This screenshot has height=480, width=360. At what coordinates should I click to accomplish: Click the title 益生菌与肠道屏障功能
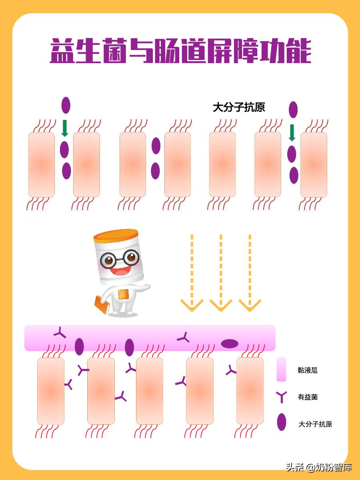180,51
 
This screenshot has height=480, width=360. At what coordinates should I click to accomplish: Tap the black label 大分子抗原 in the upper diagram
239,107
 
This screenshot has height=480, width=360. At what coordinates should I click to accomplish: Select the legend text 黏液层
307,370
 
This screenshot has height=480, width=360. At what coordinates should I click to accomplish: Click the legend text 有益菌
307,397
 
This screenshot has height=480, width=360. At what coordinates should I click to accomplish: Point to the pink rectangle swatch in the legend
281,369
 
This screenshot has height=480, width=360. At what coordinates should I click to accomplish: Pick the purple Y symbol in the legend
281,397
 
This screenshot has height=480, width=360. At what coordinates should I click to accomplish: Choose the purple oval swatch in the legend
282,422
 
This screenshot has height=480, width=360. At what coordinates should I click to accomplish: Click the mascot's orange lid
116,235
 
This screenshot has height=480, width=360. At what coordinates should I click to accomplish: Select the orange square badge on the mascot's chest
123,294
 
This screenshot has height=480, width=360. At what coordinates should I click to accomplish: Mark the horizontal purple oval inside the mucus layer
230,343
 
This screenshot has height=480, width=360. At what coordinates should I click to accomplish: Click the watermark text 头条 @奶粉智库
318,467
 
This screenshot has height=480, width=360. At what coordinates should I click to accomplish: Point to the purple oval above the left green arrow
66,105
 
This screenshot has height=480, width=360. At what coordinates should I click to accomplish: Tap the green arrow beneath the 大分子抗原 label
292,132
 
